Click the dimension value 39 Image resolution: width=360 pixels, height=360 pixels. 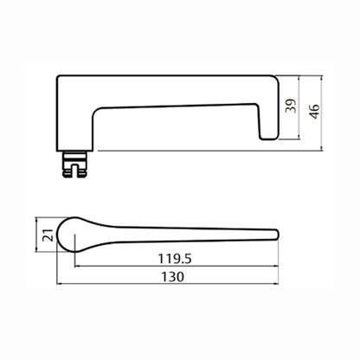pos(291,106)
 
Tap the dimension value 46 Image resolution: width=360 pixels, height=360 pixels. pos(314,112)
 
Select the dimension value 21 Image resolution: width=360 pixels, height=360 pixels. pos(48,235)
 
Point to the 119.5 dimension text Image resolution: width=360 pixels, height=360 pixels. pos(175,259)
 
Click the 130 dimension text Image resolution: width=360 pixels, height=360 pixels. pos(172,277)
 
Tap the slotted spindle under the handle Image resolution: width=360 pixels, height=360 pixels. pos(74,164)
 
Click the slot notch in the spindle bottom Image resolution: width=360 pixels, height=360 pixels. pos(74,170)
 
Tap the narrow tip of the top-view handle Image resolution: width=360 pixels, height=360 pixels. pos(275,235)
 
